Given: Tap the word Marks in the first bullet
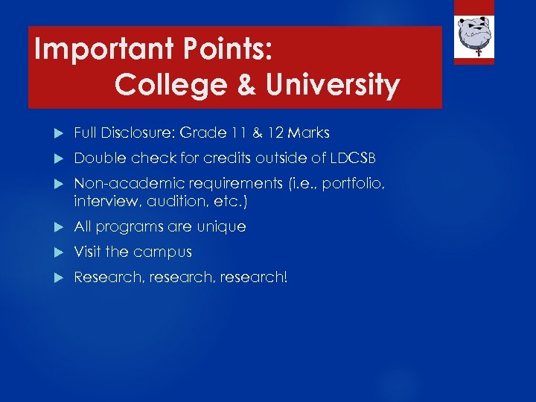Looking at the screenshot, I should (307, 133).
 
